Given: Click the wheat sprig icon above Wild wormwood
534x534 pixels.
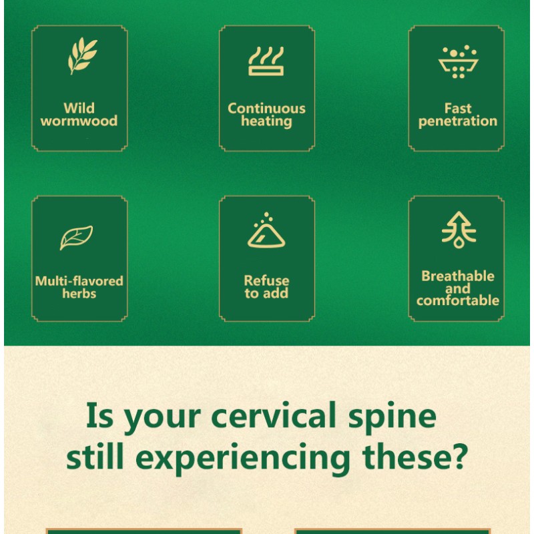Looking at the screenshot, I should (82, 56).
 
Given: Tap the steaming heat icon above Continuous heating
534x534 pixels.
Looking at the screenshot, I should (266, 61).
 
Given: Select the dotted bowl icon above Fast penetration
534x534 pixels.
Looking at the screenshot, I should (457, 62).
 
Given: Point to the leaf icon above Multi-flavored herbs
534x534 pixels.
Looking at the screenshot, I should (76, 238).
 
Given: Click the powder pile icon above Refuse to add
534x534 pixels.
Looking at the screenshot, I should (266, 232).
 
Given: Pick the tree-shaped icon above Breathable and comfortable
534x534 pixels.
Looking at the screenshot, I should (459, 230).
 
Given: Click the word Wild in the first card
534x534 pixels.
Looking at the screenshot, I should (79, 108).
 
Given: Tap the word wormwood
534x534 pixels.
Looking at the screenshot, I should (79, 121).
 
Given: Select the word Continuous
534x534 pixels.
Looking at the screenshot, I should (266, 108).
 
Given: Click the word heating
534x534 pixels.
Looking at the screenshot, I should (266, 121).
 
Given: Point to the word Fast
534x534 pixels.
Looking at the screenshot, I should (458, 108).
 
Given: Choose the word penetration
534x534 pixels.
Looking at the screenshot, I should (458, 121).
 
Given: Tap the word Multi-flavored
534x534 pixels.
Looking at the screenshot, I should (79, 281).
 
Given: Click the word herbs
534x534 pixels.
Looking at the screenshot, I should (79, 294).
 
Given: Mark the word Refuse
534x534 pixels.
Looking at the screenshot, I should (266, 281).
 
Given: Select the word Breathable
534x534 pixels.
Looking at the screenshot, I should (458, 276).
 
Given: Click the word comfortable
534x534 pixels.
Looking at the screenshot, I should (458, 300).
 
